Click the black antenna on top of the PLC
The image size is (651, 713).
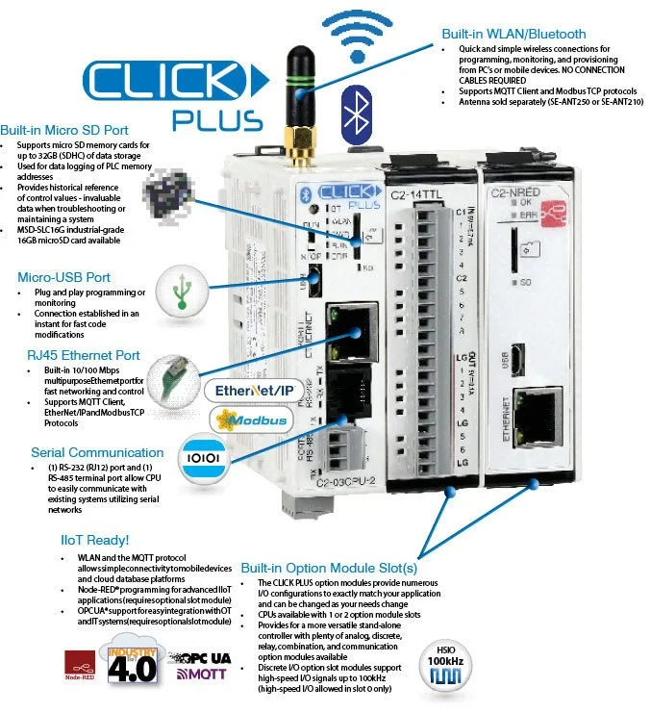[292, 91]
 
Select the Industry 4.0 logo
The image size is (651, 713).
[132, 665]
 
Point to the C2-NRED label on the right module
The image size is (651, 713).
[515, 193]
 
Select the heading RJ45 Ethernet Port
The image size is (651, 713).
[83, 354]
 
